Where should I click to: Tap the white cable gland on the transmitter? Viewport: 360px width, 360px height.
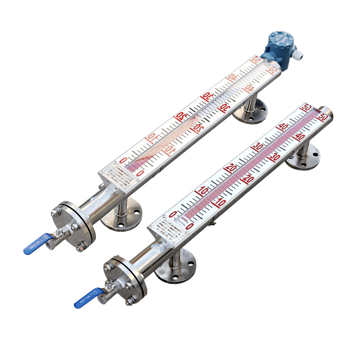coord(297,55)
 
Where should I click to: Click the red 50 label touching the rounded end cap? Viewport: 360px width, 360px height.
coord(322,117)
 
